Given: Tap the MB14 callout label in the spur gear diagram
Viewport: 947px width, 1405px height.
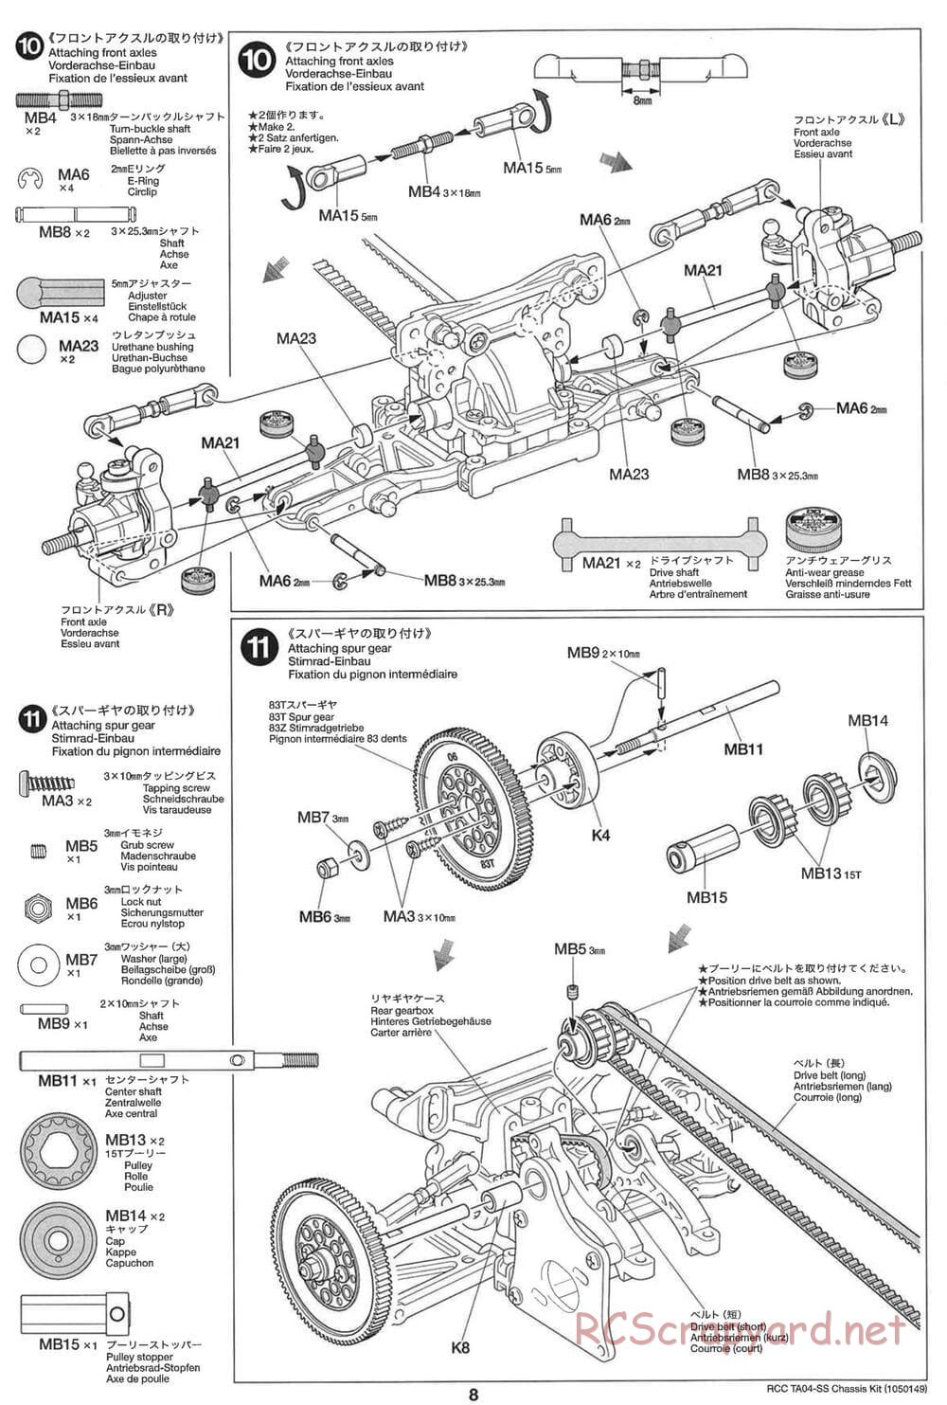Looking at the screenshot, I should tap(867, 721).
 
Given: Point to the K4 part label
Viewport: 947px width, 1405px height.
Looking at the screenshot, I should tap(599, 835).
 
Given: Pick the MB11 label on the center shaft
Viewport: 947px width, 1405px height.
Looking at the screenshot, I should tap(743, 749).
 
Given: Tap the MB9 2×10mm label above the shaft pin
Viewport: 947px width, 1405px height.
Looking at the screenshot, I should tap(603, 653).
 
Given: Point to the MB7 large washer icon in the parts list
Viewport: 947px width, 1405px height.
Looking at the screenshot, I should tap(39, 965).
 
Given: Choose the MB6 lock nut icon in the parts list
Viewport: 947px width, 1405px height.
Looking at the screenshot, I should tap(37, 906).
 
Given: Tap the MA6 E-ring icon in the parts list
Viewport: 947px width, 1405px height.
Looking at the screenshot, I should tap(31, 178).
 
